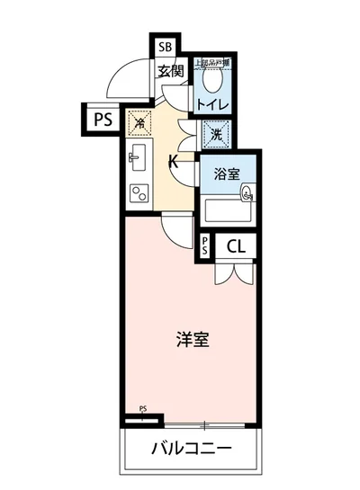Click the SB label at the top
click(166, 48)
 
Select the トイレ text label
click(214, 105)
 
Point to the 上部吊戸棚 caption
click(213, 63)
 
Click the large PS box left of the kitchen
click(101, 117)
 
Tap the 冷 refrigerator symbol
click(139, 120)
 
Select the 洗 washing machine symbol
click(217, 135)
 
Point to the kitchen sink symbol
click(137, 159)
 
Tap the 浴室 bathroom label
click(227, 174)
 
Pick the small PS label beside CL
click(206, 246)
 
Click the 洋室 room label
click(192, 340)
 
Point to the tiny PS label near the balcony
click(142, 411)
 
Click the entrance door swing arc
click(124, 85)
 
